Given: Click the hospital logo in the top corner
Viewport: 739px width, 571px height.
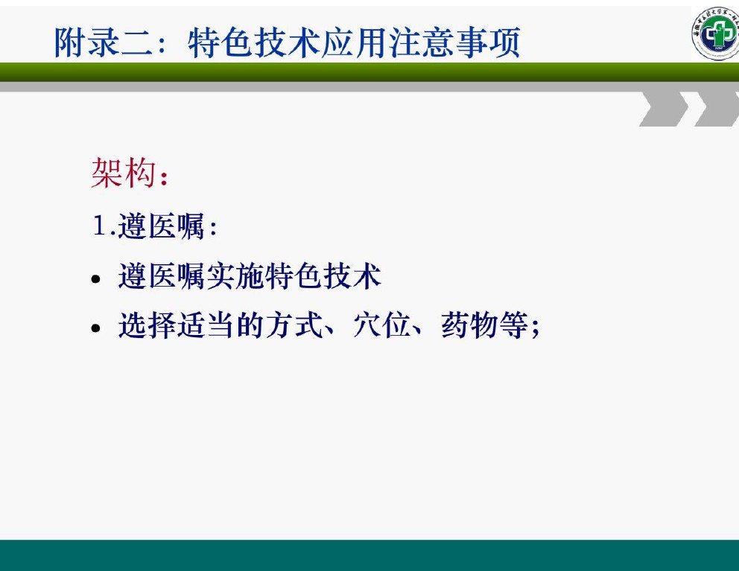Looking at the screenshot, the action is tap(715, 33).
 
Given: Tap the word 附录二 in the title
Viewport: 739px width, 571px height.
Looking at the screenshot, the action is tap(104, 42).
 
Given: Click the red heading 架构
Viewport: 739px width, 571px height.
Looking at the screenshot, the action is tap(124, 173).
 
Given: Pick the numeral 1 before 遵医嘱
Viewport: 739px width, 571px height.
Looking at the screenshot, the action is tap(99, 225).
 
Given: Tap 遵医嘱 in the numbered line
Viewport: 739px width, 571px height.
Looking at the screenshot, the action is tap(161, 226).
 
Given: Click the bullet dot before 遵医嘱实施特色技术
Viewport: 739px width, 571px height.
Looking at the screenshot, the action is tap(96, 279).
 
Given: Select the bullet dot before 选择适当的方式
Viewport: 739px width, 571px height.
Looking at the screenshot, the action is tap(96, 328).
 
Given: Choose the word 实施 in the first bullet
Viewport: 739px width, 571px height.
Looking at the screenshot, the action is tap(235, 276).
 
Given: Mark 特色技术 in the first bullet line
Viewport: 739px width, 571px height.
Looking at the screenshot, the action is tap(323, 276).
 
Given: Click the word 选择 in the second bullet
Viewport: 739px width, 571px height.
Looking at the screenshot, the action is tap(147, 325).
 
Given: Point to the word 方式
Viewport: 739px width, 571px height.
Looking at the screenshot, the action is tap(294, 325).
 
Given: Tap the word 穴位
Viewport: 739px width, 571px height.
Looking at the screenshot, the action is tap(381, 325).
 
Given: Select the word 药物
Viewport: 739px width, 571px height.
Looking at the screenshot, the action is tap(470, 325).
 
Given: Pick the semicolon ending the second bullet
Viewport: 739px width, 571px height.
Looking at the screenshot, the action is tap(535, 328).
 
